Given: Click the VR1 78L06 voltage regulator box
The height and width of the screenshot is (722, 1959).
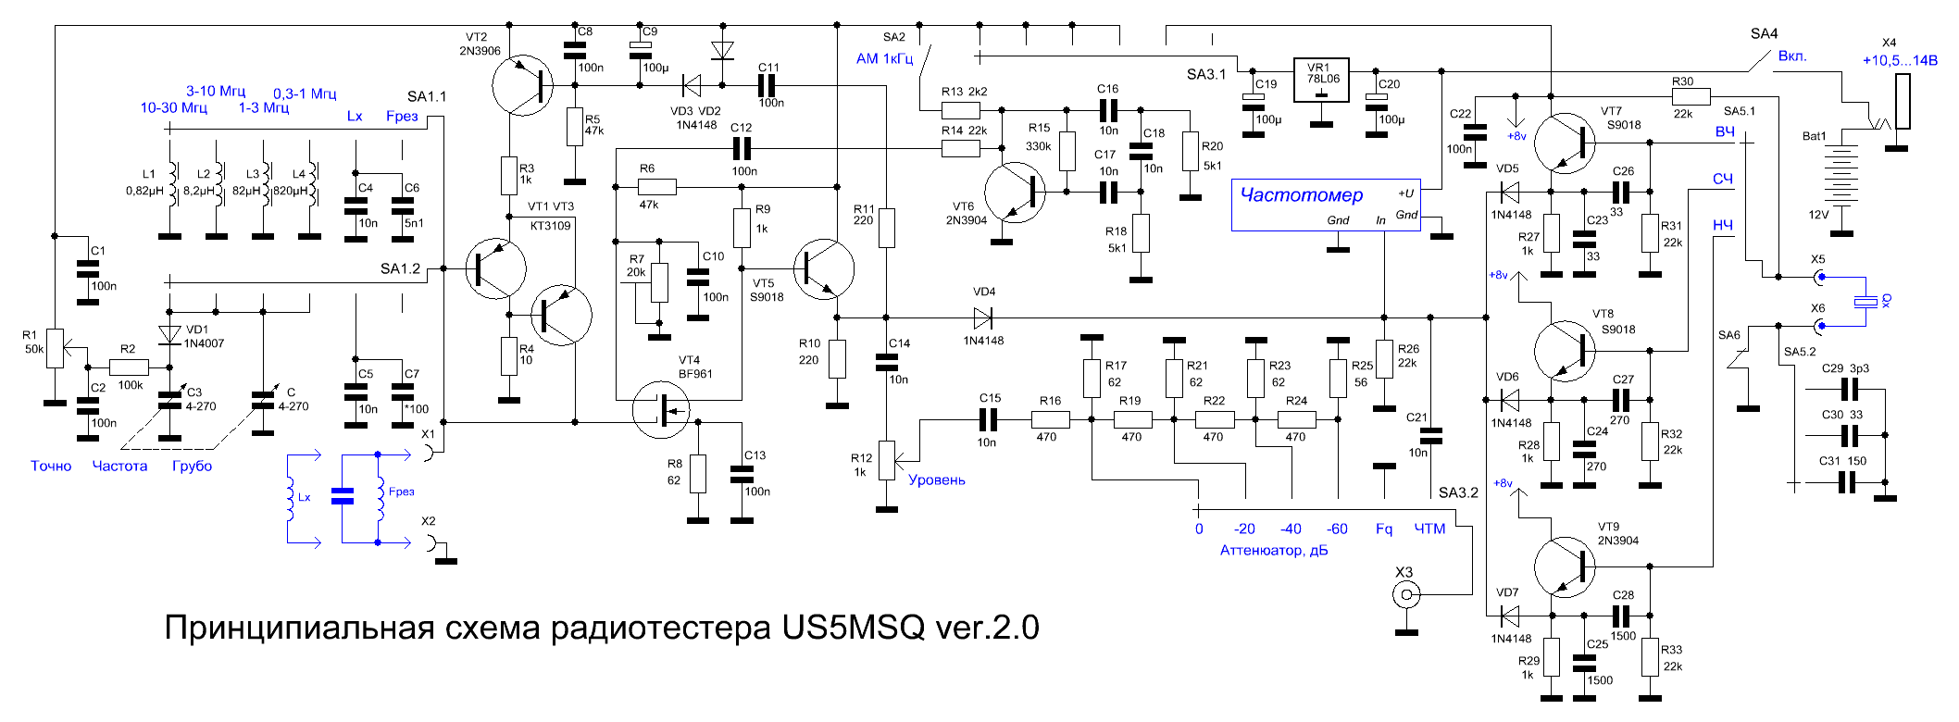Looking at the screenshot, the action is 1321,81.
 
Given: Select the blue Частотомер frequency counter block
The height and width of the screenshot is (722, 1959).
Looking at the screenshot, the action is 1326,205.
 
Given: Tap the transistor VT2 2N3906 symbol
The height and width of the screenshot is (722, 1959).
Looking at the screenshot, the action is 522,85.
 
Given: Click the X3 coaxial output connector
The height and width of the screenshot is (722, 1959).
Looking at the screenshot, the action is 1406,595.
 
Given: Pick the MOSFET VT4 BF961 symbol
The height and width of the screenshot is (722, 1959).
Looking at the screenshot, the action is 661,408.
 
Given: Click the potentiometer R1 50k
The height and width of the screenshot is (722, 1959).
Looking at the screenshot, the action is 56,348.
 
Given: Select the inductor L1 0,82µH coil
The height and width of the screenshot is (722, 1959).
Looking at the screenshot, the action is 171,184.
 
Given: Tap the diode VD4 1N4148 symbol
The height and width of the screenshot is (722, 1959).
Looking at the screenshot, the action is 982,317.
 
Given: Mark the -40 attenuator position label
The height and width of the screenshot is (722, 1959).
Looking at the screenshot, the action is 1291,529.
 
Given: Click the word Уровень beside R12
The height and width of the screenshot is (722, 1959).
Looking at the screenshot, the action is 936,479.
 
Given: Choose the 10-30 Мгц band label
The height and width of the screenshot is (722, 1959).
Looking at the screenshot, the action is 173,108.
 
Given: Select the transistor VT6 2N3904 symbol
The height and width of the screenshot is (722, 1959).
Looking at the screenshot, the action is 1015,193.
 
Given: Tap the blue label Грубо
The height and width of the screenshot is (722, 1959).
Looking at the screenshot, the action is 192,467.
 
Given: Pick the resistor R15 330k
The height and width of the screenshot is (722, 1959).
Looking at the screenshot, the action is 1067,151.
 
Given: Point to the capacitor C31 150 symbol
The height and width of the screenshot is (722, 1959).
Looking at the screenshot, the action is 1848,482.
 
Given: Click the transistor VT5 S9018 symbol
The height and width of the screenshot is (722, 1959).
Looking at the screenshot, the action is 823,268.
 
